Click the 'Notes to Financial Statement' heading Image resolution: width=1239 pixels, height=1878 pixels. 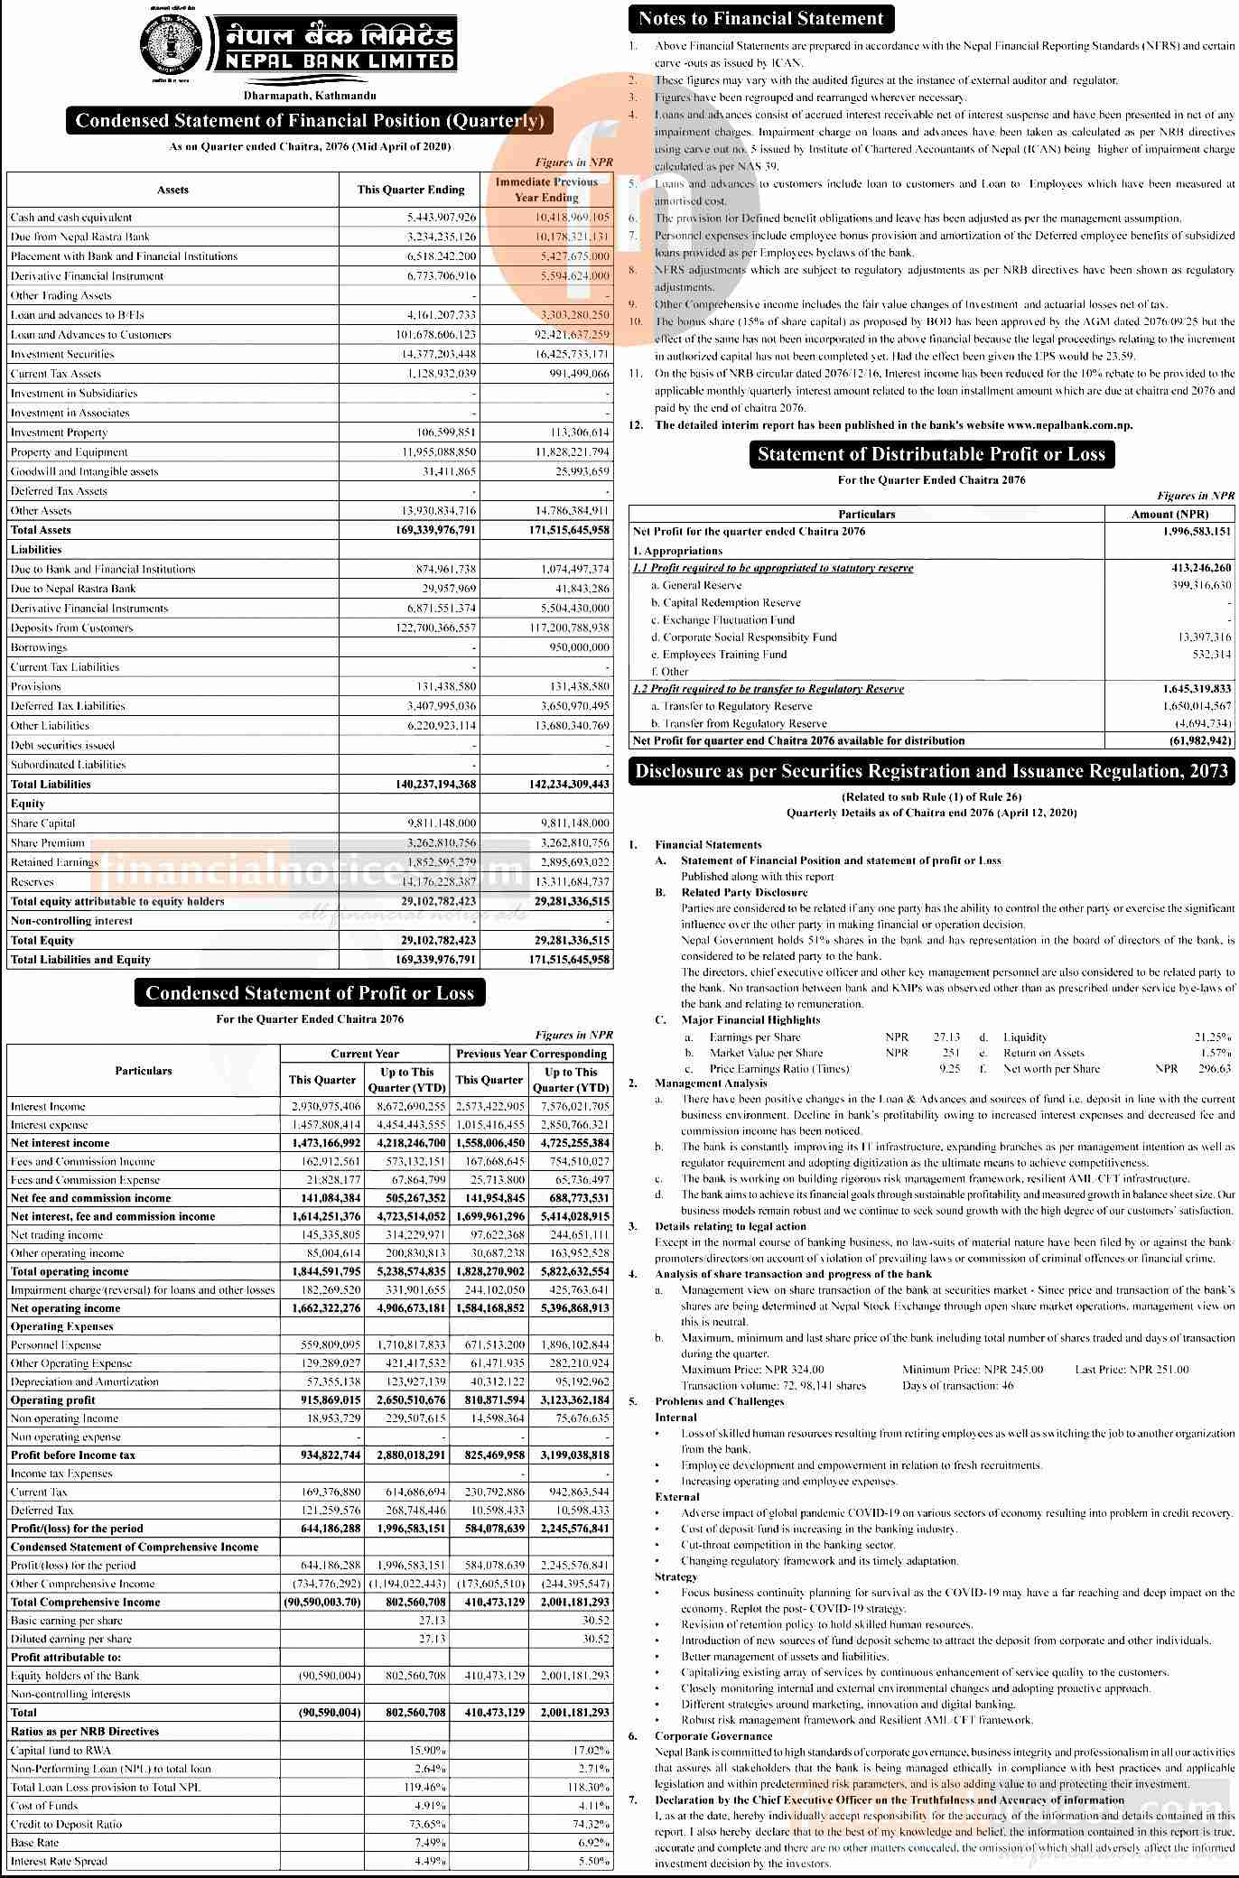[x=760, y=18]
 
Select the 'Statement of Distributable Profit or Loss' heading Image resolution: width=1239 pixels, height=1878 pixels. [x=931, y=454]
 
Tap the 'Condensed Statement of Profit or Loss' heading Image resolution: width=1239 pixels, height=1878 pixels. [x=310, y=993]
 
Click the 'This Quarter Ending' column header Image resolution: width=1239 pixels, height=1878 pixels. [x=411, y=190]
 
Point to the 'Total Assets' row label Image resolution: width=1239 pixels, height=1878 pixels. [x=41, y=530]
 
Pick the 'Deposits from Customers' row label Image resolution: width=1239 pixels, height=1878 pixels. [x=71, y=628]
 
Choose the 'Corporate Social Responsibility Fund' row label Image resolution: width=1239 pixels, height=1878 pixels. [x=750, y=637]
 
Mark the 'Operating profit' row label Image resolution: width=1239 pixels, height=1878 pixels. [x=52, y=1400]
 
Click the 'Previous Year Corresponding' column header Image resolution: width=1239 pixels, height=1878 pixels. [x=531, y=1054]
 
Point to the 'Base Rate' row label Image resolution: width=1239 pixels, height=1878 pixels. [x=33, y=1843]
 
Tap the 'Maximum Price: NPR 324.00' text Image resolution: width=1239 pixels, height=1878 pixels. [x=752, y=1370]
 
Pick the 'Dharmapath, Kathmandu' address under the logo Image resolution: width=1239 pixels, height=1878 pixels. [x=310, y=95]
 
